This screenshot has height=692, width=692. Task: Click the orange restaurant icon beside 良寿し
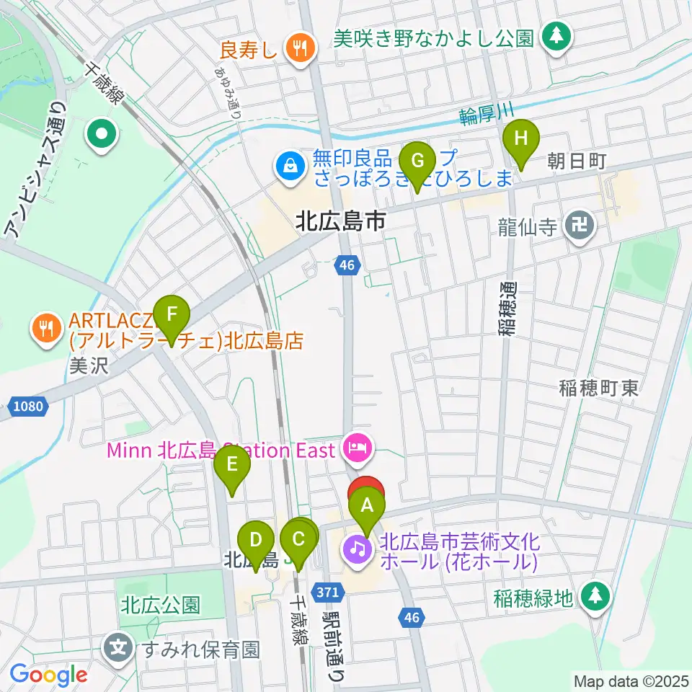click(297, 48)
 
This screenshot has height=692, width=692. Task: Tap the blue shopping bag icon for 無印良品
click(289, 165)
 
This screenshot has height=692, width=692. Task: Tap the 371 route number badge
click(327, 591)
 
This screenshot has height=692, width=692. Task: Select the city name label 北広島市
click(341, 221)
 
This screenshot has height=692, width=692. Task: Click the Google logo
click(48, 675)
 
